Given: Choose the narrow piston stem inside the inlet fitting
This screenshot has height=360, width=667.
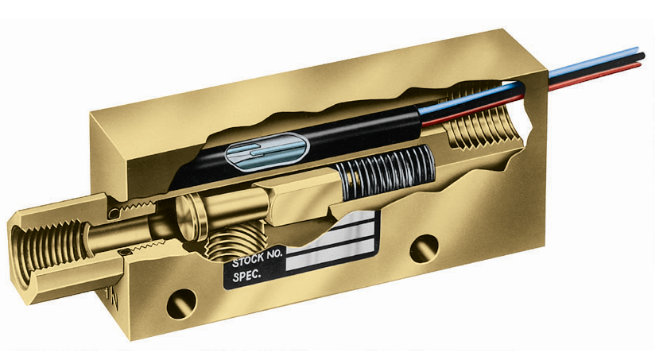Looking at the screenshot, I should pos(127,231).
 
